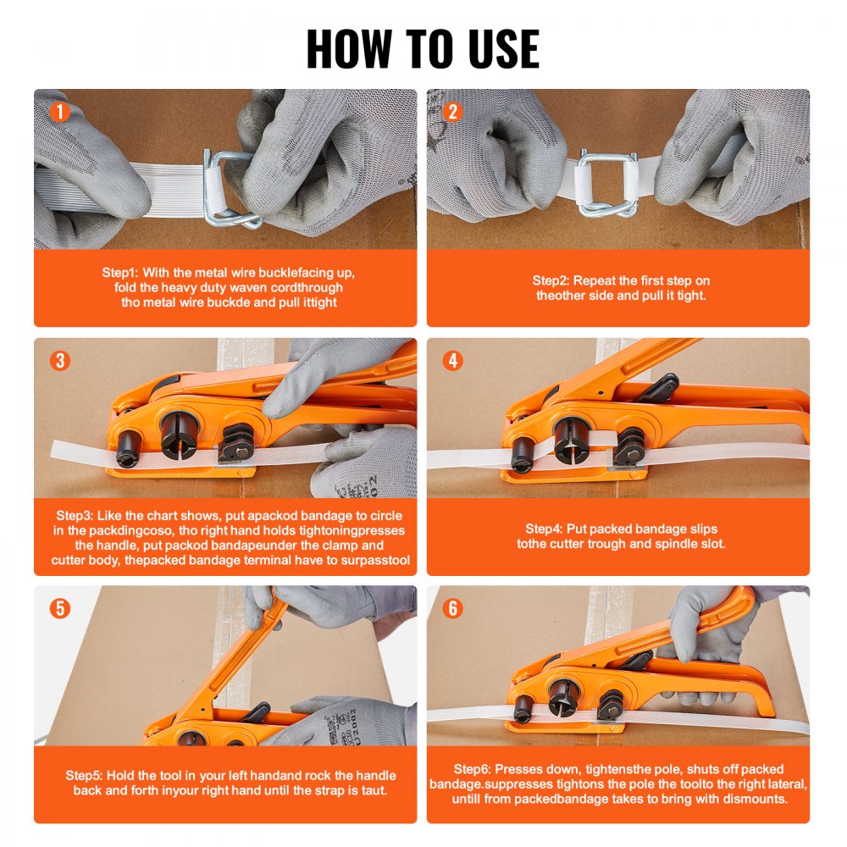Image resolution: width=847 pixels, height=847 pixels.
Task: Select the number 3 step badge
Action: [x=59, y=361]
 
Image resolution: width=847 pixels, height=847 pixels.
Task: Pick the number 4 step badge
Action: [x=452, y=361]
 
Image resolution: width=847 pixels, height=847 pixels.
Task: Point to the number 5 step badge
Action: [x=59, y=608]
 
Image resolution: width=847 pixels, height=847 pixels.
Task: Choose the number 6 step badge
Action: [x=452, y=608]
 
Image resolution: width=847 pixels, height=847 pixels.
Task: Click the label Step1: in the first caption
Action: [x=120, y=273]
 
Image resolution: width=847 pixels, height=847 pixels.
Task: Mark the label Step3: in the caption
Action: [x=75, y=515]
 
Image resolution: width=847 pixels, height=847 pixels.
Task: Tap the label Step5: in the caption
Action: [x=85, y=775]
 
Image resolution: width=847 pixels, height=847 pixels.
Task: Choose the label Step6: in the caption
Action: [x=472, y=769]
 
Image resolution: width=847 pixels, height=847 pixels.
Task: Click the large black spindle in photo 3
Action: [x=179, y=432]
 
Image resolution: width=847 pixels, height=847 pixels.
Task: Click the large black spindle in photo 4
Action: [x=573, y=436]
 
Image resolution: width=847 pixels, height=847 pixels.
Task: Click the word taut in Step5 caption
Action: [x=374, y=790]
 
